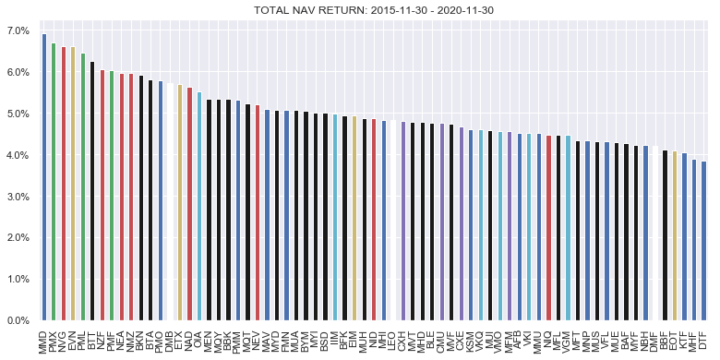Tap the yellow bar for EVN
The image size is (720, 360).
tap(73, 184)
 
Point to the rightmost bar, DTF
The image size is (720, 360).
tap(703, 241)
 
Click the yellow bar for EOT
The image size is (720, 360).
tap(675, 235)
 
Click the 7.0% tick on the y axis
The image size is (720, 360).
tap(18, 30)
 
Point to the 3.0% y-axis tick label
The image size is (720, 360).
tap(18, 197)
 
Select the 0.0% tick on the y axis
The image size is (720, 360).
tap(18, 321)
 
